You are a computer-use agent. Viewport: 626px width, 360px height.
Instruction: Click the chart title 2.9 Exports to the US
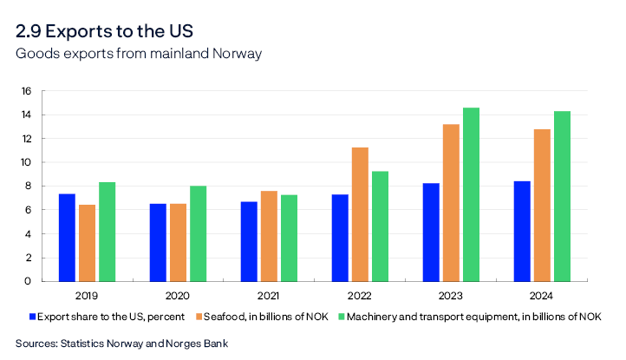tap(104, 31)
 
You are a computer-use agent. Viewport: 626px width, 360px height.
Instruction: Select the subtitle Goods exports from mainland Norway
tap(139, 54)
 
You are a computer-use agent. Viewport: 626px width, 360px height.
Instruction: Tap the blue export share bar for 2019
tap(67, 238)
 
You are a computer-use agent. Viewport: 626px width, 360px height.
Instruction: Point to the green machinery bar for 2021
tap(289, 238)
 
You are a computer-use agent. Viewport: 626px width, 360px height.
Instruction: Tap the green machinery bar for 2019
tap(107, 232)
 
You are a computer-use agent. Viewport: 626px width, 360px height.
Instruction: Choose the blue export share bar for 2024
tap(521, 231)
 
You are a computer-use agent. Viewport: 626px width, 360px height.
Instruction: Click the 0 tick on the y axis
tap(28, 281)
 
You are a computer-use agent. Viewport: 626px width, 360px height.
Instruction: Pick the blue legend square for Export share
tap(34, 316)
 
